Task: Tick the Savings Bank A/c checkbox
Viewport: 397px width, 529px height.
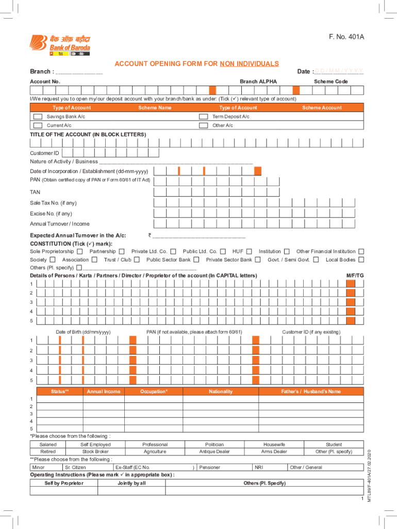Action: click(38, 117)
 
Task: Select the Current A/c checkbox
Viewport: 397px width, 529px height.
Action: click(38, 126)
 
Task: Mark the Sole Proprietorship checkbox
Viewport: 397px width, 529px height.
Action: click(79, 252)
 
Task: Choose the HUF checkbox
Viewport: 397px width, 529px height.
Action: click(250, 252)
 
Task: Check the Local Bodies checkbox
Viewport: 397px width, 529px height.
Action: click(361, 260)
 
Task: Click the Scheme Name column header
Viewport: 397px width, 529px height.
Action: click(155, 108)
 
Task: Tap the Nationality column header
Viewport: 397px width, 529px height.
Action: click(221, 392)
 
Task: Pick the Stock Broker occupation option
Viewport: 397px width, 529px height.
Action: click(95, 452)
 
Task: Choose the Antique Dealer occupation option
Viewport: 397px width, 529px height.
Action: click(214, 452)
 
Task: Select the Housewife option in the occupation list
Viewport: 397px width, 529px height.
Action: click(274, 444)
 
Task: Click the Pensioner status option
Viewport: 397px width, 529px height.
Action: click(210, 468)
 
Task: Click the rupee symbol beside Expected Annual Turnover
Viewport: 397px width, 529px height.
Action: click(149, 236)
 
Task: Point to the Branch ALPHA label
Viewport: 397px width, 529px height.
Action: click(258, 82)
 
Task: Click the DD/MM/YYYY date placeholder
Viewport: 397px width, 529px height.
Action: click(339, 71)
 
